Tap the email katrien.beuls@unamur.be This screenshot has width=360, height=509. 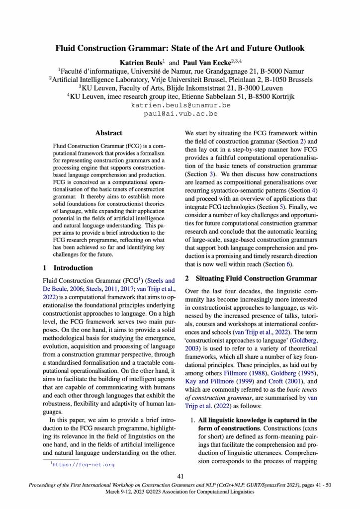(180, 105)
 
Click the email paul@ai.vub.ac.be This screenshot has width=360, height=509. (180, 114)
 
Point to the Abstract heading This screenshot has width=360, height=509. (109, 133)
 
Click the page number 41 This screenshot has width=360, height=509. (180, 476)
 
